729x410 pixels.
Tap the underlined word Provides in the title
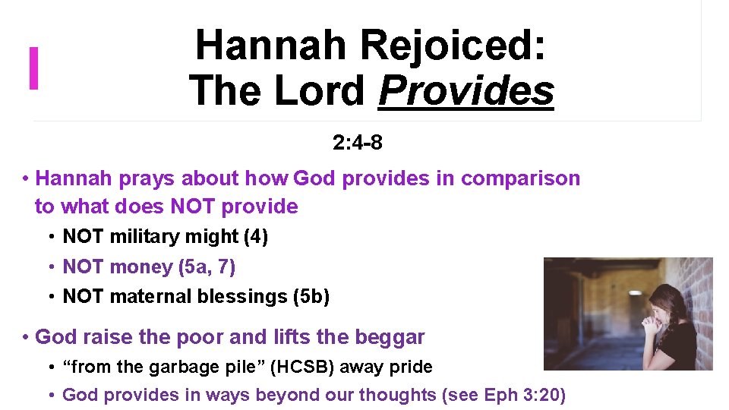pos(466,91)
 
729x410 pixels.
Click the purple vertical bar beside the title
pos(33,68)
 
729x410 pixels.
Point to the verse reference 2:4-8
pos(357,142)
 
